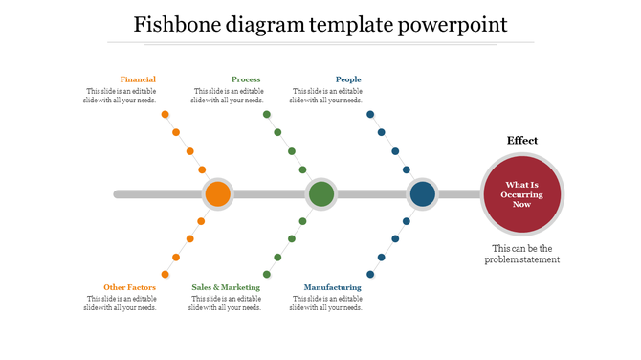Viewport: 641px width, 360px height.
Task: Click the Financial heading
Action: (138, 79)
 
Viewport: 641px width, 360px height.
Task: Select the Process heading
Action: (246, 79)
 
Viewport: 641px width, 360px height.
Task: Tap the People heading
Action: (348, 79)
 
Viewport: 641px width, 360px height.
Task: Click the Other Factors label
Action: (129, 287)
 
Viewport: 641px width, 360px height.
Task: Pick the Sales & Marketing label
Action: (226, 287)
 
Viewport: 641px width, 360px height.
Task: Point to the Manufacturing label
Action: (332, 287)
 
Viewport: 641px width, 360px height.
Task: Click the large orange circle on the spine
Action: (217, 194)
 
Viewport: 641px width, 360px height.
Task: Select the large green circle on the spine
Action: (321, 194)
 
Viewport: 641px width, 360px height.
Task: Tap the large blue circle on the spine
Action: (422, 194)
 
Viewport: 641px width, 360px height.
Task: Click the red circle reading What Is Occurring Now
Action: (521, 194)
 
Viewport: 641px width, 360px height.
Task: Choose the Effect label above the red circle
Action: (521, 141)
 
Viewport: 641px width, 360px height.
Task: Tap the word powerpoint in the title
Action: (453, 24)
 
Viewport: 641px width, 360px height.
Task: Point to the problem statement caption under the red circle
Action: (521, 254)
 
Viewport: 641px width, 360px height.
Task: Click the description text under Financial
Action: (121, 96)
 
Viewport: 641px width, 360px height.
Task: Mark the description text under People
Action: (326, 96)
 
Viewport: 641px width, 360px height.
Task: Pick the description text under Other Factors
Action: (121, 304)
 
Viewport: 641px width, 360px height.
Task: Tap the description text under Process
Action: (227, 96)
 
